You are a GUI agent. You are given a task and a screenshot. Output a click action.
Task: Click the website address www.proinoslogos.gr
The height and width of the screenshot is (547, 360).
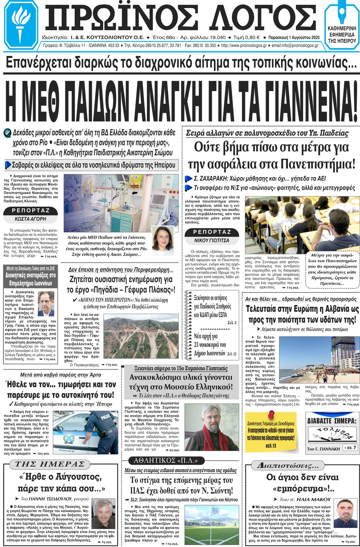point(244,46)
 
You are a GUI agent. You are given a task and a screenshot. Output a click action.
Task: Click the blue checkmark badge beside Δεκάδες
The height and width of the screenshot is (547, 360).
point(7,133)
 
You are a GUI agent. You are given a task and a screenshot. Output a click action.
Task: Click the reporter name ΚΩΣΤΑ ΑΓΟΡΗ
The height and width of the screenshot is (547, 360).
point(30,219)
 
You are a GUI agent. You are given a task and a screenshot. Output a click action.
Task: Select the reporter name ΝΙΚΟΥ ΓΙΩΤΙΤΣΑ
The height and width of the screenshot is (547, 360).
point(211,240)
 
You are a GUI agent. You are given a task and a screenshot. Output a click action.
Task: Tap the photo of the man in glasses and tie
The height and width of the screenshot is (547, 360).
point(46,303)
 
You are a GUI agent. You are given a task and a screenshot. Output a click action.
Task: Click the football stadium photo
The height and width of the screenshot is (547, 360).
point(211,525)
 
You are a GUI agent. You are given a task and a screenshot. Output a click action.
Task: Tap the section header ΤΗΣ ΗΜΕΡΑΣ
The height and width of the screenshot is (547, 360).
point(49,464)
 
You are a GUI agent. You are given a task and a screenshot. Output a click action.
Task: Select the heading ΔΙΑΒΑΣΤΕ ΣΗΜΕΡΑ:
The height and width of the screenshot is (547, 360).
point(331,421)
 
